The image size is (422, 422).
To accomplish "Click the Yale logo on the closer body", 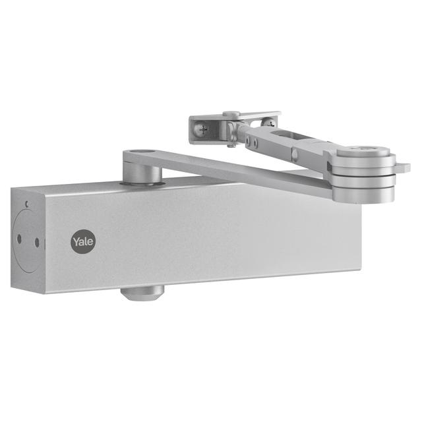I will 82,241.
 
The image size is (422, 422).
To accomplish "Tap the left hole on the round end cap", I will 20,239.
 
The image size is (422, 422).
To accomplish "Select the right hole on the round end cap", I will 37,242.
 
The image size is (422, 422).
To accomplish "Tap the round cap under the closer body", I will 142,293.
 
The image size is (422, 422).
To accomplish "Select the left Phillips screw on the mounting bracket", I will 204,129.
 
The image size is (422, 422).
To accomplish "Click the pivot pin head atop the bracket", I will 231,114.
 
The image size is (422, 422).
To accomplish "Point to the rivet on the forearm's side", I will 294,156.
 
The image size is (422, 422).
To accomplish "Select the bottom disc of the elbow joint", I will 363,193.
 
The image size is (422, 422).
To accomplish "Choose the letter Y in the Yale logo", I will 76,241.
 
